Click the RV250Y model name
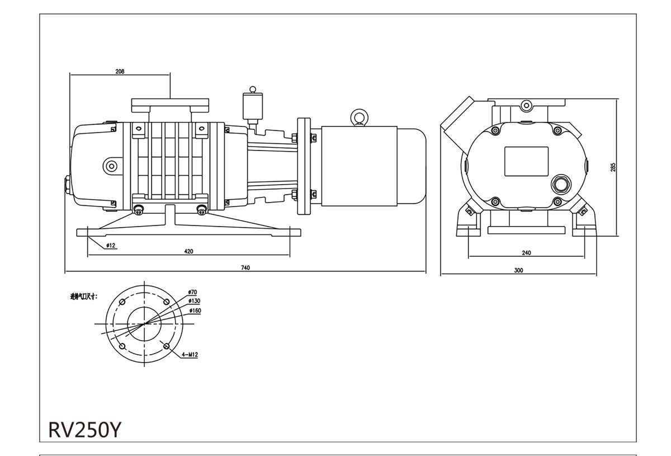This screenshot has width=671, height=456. coord(84,429)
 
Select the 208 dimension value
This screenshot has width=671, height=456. coord(119,72)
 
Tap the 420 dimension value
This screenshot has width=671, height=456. coord(188,252)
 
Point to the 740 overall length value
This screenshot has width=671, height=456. coord(245,267)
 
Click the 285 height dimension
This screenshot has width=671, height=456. coord(613,167)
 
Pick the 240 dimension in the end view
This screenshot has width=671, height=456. coord(526,253)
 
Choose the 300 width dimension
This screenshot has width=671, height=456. coord(518,270)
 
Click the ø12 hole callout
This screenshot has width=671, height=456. coord(110,246)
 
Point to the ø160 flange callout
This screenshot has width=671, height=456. coord(195,310)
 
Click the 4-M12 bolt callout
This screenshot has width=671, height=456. coord(190,355)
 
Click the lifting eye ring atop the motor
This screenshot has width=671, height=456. coord(357,117)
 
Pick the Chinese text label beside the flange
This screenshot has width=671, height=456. coord(83,296)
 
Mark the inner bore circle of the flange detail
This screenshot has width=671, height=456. coord(145,323)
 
